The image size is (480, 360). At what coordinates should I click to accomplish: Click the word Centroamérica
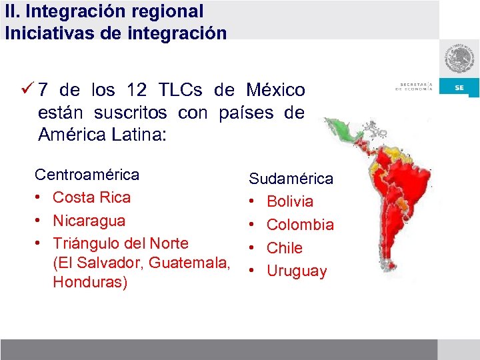[x=87, y=175]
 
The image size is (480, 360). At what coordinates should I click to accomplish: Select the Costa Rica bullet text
[x=91, y=197]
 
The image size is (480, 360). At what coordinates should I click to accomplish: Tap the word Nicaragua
[x=89, y=220]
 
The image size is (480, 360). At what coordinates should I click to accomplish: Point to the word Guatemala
[x=189, y=263]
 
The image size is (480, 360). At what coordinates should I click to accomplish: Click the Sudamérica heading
[x=291, y=178]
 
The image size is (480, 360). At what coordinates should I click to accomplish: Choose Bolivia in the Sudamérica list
[x=290, y=201]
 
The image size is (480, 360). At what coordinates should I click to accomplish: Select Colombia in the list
[x=300, y=225]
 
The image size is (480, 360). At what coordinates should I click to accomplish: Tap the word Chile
[x=285, y=248]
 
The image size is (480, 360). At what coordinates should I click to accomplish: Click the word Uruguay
[x=297, y=271]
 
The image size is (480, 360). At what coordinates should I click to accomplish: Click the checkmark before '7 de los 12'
[x=27, y=89]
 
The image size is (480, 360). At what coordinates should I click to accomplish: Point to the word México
[x=275, y=89]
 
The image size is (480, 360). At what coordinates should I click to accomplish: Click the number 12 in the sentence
[x=137, y=89]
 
